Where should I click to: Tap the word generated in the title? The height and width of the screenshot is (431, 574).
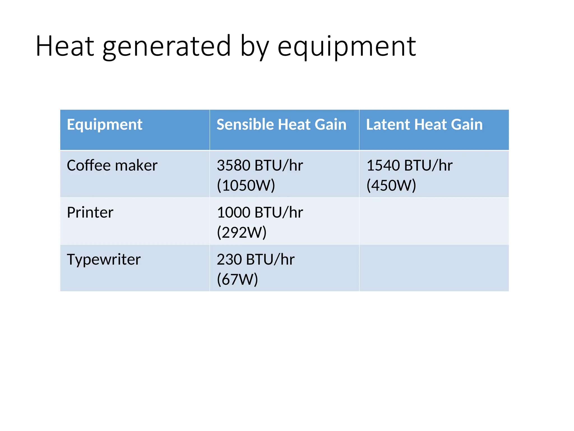click(x=167, y=46)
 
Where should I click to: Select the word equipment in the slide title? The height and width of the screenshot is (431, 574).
click(x=346, y=46)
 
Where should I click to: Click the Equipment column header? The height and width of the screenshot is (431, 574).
click(x=105, y=125)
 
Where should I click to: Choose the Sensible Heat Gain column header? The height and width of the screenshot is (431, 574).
click(x=281, y=125)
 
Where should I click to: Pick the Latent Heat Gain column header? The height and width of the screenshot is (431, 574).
click(x=424, y=125)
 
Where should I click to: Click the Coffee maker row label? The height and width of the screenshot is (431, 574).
click(x=112, y=165)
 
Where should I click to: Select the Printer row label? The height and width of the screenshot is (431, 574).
click(x=90, y=212)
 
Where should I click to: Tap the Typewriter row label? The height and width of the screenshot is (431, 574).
click(x=104, y=260)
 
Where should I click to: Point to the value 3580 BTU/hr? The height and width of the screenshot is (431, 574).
click(x=260, y=165)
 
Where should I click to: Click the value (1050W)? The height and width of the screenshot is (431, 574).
click(x=246, y=185)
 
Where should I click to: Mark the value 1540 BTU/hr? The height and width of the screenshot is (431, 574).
click(x=409, y=165)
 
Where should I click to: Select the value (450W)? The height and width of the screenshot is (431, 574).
click(x=391, y=185)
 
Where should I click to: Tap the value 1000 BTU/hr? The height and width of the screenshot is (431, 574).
click(x=260, y=212)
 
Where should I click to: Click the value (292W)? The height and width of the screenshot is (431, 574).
click(x=242, y=233)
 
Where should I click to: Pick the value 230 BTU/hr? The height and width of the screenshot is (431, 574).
click(x=256, y=260)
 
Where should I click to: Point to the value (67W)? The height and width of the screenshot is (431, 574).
click(x=237, y=279)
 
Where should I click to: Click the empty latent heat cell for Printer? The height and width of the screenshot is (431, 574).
click(x=434, y=221)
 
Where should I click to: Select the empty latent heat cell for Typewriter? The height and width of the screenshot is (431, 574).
click(x=434, y=268)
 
